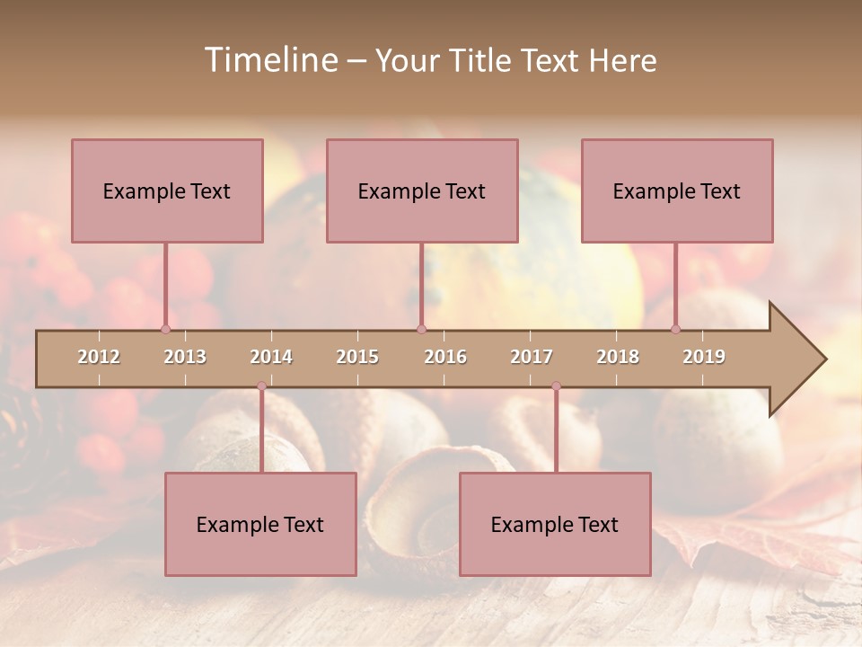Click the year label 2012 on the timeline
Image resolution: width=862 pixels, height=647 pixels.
pos(99,357)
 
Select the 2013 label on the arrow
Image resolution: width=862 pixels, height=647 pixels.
pos(185,357)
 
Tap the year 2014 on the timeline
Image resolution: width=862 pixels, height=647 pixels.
pos(271,357)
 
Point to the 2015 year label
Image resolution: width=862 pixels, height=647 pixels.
pos(357,357)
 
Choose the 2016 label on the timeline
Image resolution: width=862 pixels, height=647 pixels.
pos(445,357)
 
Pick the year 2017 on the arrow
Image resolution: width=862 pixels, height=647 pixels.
pos(532,357)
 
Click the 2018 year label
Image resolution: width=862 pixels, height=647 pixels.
pos(618,357)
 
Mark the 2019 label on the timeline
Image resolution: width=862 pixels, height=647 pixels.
pos(704,357)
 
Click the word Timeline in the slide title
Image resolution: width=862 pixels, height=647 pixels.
pos(270,60)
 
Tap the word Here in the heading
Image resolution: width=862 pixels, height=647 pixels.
pos(622,60)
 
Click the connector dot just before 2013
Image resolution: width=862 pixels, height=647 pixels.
pos(165,329)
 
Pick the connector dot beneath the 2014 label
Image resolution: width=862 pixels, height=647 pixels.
pos(261,386)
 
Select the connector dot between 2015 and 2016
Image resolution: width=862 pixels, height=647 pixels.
pos(421,329)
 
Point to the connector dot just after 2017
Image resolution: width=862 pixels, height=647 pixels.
pos(556,386)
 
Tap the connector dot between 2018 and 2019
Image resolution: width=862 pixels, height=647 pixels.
pos(675,329)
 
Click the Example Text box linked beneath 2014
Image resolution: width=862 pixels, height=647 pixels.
pos(260,524)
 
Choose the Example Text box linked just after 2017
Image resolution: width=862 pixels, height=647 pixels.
pos(555,524)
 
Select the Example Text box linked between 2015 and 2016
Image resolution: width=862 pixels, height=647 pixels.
pos(422,191)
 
